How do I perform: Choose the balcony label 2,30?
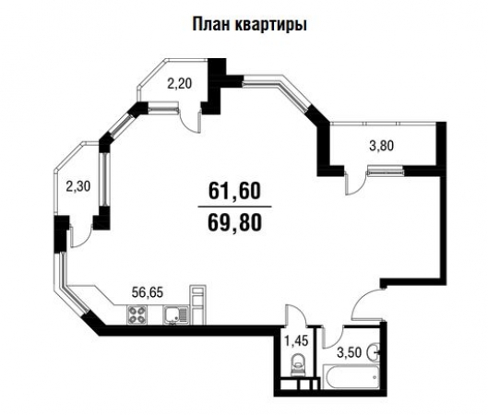click(x=78, y=184)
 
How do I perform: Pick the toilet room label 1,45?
click(x=295, y=341)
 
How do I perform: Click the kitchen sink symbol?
click(x=175, y=316)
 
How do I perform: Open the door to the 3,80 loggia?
click(x=353, y=184)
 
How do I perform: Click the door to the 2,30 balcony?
click(x=80, y=233)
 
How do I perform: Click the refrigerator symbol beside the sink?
click(x=196, y=305)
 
